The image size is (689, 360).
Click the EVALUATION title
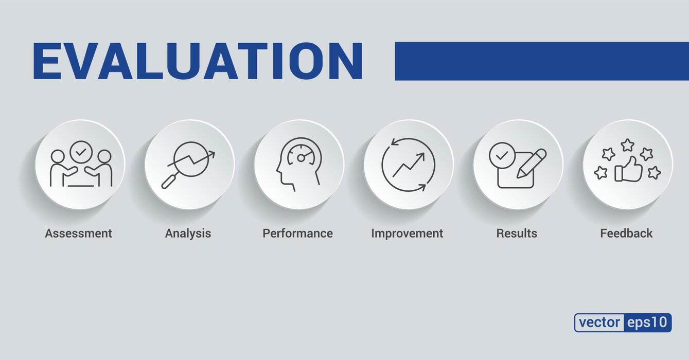pyautogui.click(x=198, y=61)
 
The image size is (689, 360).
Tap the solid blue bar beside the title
pyautogui.click(x=541, y=61)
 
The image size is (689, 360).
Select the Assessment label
pyautogui.click(x=78, y=233)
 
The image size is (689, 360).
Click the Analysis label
pyautogui.click(x=188, y=233)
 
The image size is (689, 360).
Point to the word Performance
pyautogui.click(x=297, y=233)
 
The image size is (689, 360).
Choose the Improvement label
pyautogui.click(x=407, y=233)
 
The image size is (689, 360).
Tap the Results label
pyautogui.click(x=517, y=233)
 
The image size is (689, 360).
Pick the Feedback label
pyautogui.click(x=626, y=233)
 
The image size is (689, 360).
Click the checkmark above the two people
pyautogui.click(x=80, y=152)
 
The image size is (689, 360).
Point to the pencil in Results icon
pyautogui.click(x=532, y=163)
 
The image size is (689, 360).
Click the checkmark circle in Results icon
pyautogui.click(x=501, y=154)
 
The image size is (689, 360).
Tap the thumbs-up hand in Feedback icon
pyautogui.click(x=629, y=170)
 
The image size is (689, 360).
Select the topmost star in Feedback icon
pyautogui.click(x=627, y=145)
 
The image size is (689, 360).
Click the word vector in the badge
pyautogui.click(x=599, y=322)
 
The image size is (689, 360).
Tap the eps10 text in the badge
pyautogui.click(x=647, y=322)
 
